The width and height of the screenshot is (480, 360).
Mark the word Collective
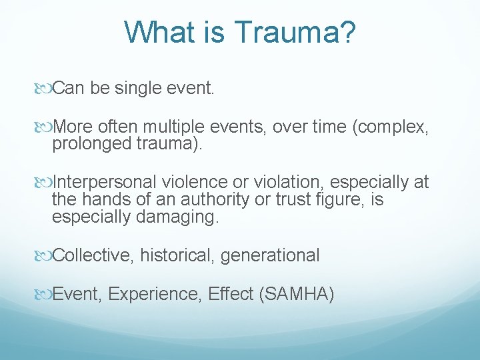(x=94, y=255)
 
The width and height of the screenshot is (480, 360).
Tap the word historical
(x=178, y=255)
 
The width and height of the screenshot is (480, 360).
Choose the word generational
(x=270, y=255)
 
